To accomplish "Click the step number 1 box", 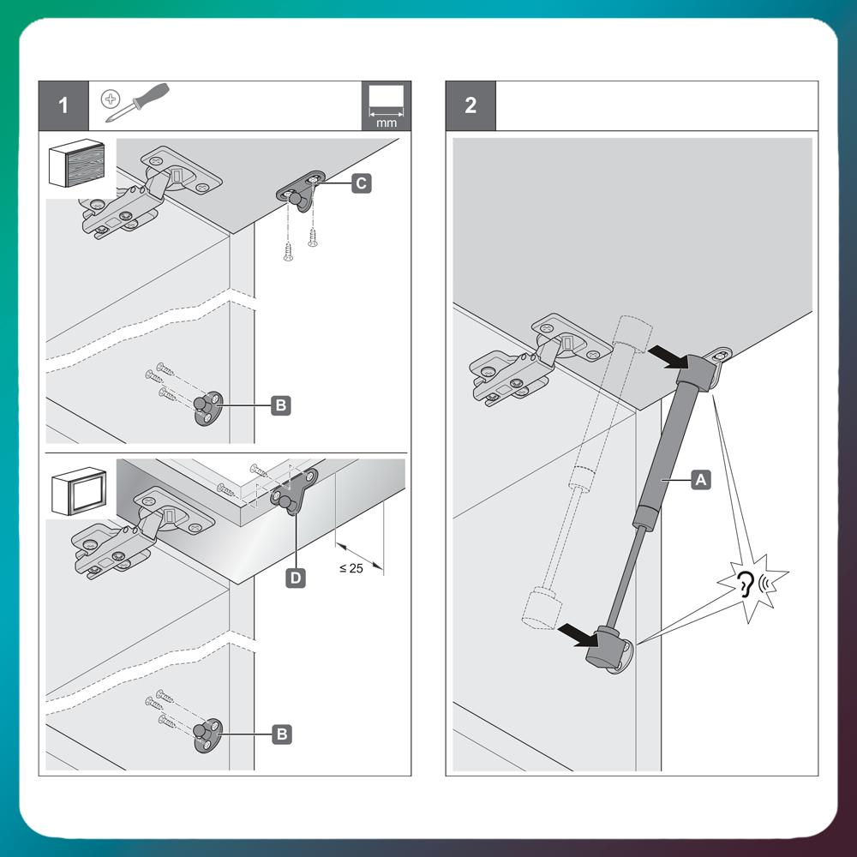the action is tap(63, 105).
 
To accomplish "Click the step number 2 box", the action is tap(470, 105).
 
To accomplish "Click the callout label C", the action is tap(361, 182).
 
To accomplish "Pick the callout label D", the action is tap(294, 578).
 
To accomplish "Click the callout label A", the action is tap(700, 481).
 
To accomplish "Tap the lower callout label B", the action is tap(280, 734).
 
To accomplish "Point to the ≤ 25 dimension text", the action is tap(351, 568).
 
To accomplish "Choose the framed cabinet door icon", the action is tap(79, 492).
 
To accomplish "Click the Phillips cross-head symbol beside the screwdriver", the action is tap(110, 99).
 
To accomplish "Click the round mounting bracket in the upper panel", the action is tap(206, 406).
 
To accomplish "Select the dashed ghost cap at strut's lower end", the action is tap(536, 608).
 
